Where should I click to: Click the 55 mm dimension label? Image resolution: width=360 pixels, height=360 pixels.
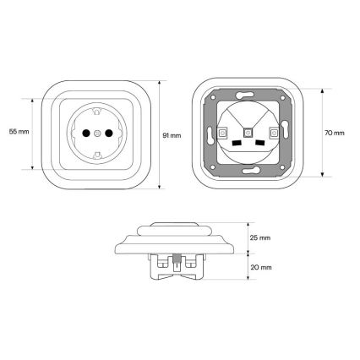(x=19, y=132)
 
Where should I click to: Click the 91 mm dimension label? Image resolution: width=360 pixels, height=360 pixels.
(x=172, y=135)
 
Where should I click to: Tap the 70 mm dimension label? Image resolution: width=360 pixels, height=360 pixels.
(x=335, y=133)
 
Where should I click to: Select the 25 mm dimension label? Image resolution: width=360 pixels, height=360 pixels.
(x=260, y=237)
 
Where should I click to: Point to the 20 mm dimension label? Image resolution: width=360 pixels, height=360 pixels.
(x=261, y=267)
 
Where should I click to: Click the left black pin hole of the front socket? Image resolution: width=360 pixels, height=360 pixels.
(x=86, y=133)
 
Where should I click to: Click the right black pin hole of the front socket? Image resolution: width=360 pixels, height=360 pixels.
(x=109, y=133)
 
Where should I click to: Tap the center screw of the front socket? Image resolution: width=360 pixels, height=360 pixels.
(x=97, y=133)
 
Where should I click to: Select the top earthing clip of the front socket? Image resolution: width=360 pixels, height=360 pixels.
(x=97, y=112)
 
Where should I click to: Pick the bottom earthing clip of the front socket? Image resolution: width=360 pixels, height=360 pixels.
(x=97, y=155)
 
